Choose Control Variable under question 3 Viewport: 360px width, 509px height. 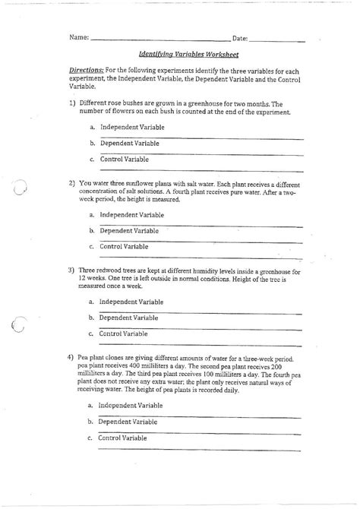coord(124,334)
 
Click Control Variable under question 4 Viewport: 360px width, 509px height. coord(124,438)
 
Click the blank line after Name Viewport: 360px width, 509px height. coord(159,39)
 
